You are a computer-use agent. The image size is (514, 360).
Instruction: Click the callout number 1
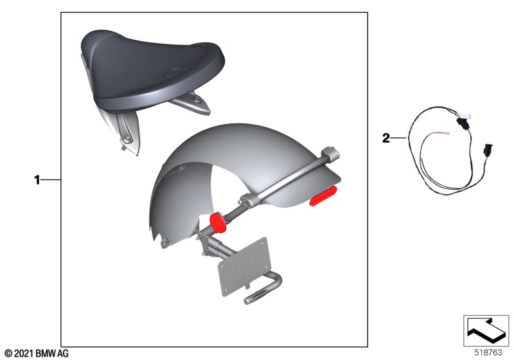coord(37,179)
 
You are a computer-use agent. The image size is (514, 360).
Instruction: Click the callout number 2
coord(386,138)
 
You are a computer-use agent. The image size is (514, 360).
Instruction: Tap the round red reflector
coord(218,222)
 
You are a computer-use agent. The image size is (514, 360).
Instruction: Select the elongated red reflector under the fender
coord(323,195)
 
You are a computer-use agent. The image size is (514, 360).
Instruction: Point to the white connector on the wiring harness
coord(465,116)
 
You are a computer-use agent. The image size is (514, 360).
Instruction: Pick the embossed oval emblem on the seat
coord(175,73)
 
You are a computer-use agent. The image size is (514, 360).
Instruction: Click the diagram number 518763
coord(488,352)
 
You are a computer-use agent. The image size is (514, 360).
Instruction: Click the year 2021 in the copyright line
coord(24,354)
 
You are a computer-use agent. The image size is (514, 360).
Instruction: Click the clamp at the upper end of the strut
coord(330,154)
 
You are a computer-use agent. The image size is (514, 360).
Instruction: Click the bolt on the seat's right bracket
coord(197,99)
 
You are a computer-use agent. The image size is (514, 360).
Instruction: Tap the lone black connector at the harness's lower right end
coord(488,150)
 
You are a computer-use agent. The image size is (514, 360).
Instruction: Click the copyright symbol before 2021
coord(9,354)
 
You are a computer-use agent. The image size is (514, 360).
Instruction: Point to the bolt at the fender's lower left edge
coord(165,244)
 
